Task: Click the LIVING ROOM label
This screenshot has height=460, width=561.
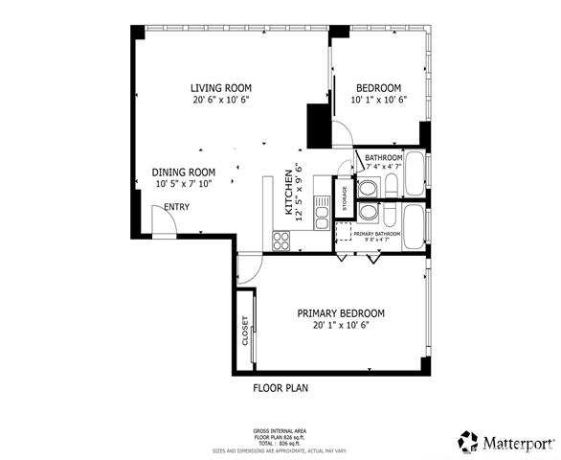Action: [x=221, y=88]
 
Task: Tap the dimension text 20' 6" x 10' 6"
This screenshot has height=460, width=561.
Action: [x=221, y=100]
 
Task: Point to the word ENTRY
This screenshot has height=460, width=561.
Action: [x=176, y=207]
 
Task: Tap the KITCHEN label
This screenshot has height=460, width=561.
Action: [x=288, y=193]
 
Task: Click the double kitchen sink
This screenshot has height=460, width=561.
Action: [x=323, y=204]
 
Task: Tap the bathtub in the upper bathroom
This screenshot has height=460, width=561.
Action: [x=415, y=173]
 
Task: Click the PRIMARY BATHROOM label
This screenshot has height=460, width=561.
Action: [x=375, y=234]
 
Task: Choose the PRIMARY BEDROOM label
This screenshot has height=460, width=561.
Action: [x=341, y=313]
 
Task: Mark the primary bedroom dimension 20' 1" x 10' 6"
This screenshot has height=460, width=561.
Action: [x=341, y=325]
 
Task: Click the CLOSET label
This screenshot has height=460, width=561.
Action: [x=245, y=331]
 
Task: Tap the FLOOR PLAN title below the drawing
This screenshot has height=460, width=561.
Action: [x=280, y=389]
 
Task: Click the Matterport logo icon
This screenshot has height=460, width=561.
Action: [x=468, y=442]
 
